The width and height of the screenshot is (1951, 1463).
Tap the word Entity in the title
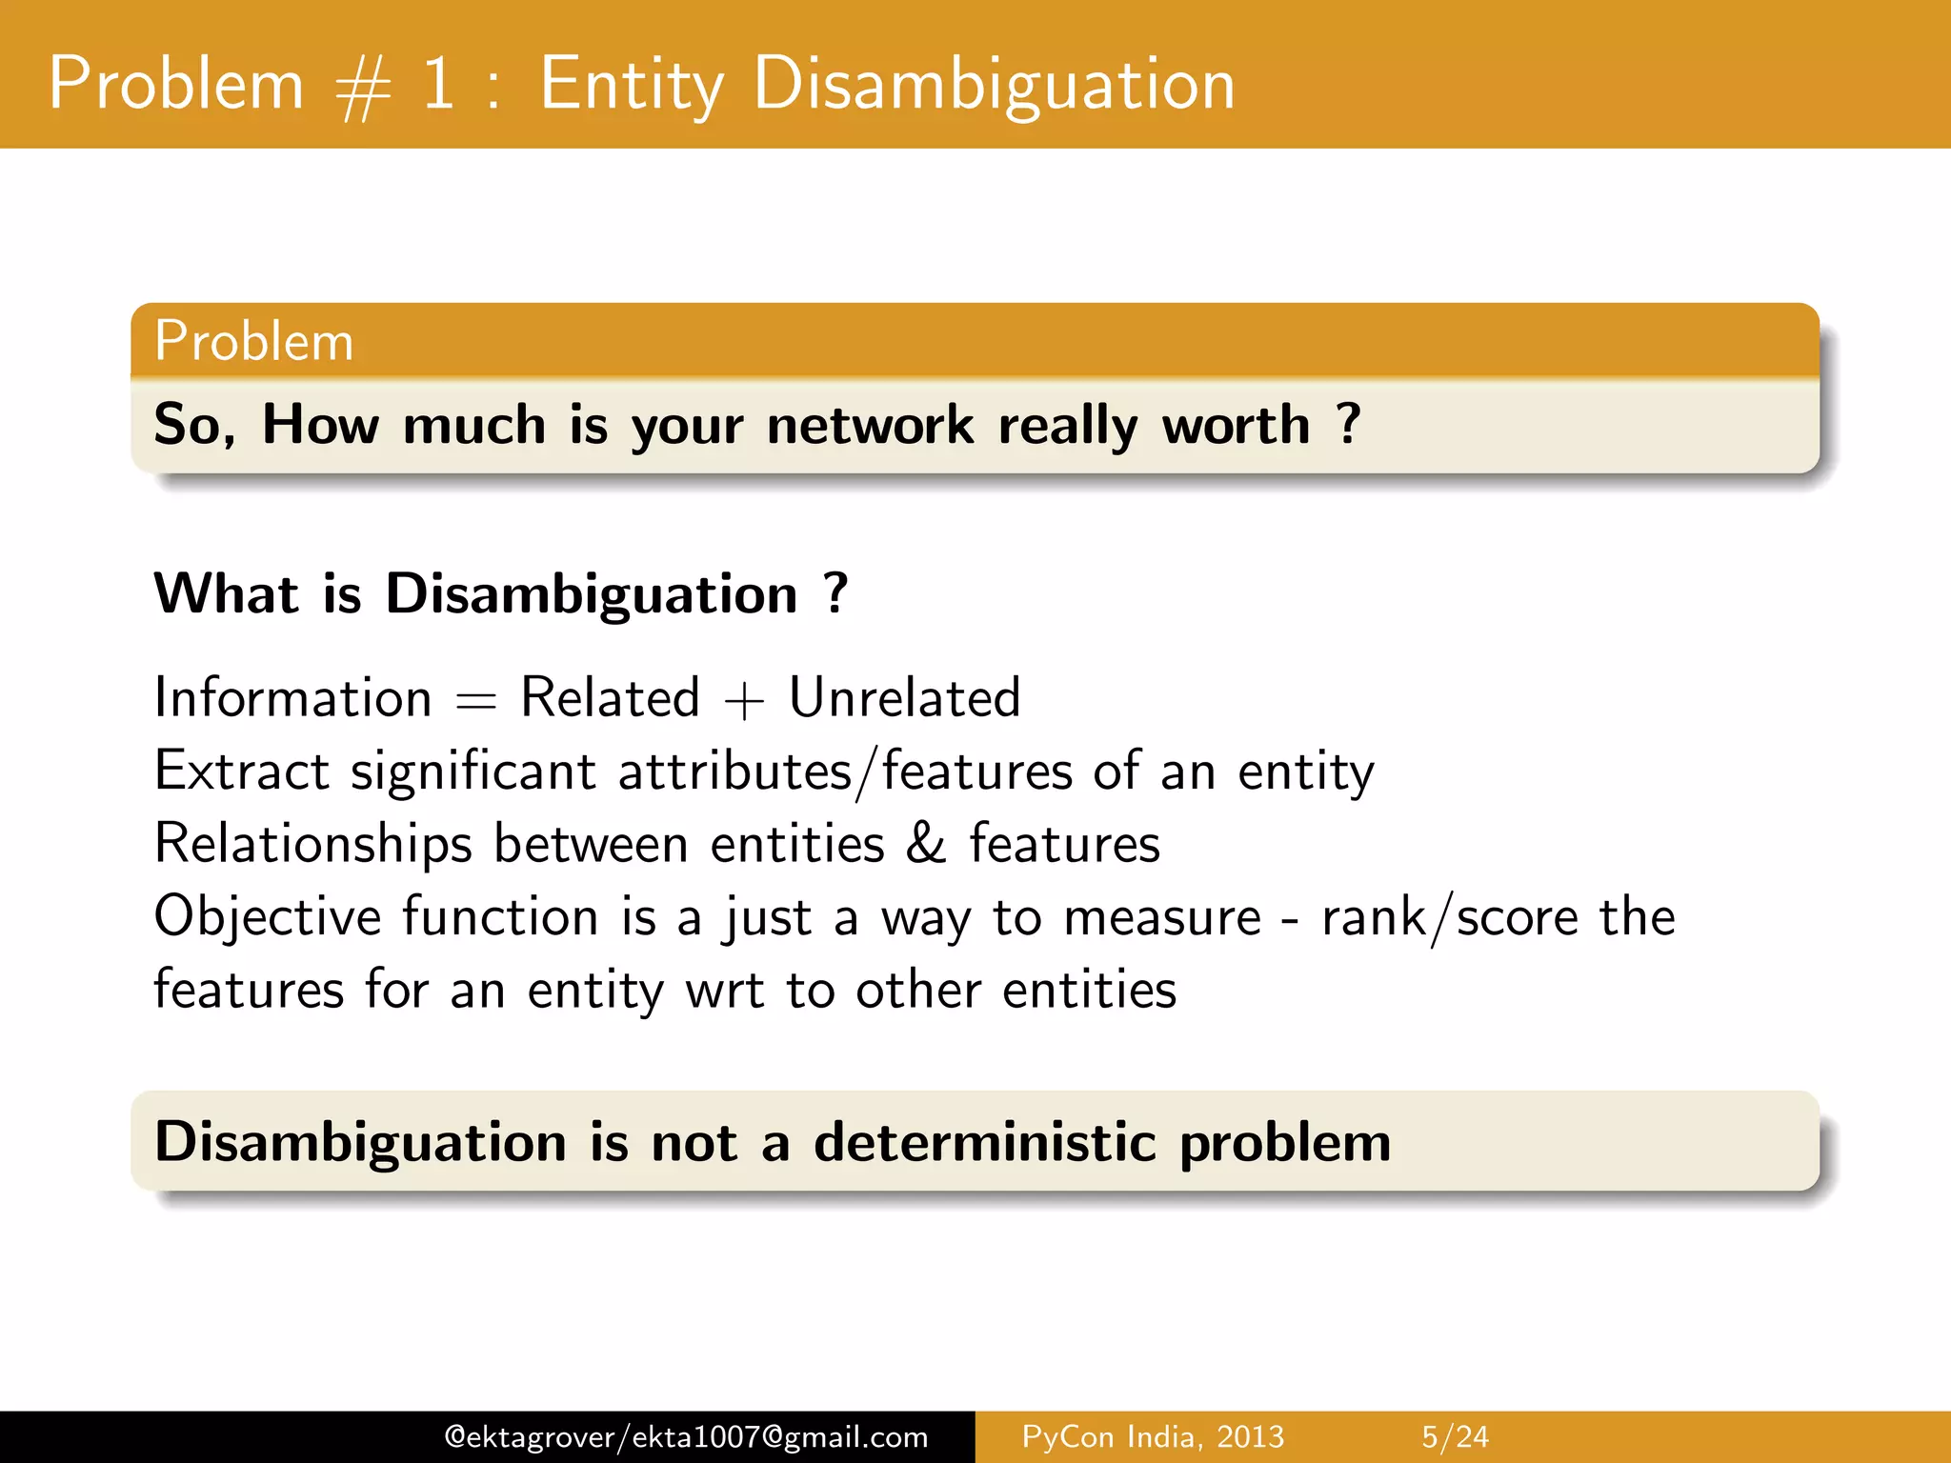tap(632, 86)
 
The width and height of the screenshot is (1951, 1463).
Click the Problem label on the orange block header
tap(253, 341)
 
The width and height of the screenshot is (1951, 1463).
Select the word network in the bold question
tap(870, 425)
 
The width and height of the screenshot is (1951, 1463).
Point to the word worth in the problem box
tap(1236, 425)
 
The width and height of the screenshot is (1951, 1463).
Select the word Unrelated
tap(904, 697)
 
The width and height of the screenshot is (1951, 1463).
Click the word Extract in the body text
tap(242, 771)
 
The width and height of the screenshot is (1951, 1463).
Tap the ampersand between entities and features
tap(926, 844)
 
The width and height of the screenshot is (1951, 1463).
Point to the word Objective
tap(268, 918)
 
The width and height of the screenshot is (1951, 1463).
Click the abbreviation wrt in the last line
tap(724, 992)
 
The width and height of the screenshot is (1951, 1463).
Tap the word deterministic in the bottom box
tap(984, 1141)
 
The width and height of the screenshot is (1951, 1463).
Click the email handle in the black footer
tap(686, 1436)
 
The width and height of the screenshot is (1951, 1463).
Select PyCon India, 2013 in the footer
tap(1153, 1436)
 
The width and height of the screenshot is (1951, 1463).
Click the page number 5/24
tap(1455, 1436)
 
